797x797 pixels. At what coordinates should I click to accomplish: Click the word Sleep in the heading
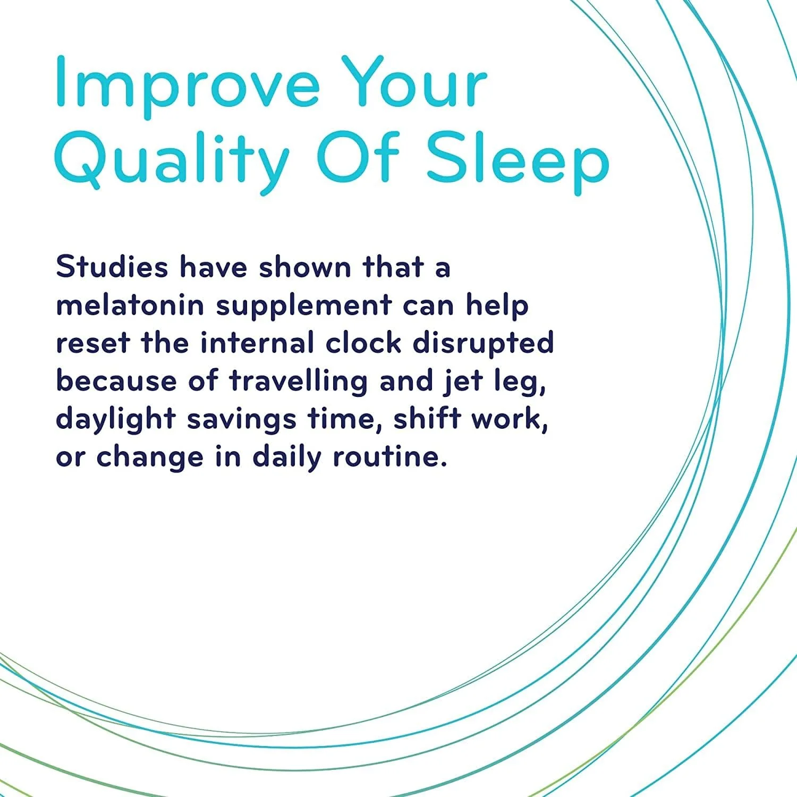(518, 159)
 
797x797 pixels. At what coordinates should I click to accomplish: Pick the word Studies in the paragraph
(112, 267)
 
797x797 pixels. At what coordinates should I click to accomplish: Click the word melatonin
(130, 305)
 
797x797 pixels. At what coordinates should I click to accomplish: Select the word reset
(92, 343)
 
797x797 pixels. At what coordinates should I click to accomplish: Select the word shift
(427, 419)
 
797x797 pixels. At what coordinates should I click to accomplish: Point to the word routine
(389, 457)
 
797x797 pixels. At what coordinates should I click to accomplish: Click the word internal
(257, 343)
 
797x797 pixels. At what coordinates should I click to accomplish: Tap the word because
(116, 381)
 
